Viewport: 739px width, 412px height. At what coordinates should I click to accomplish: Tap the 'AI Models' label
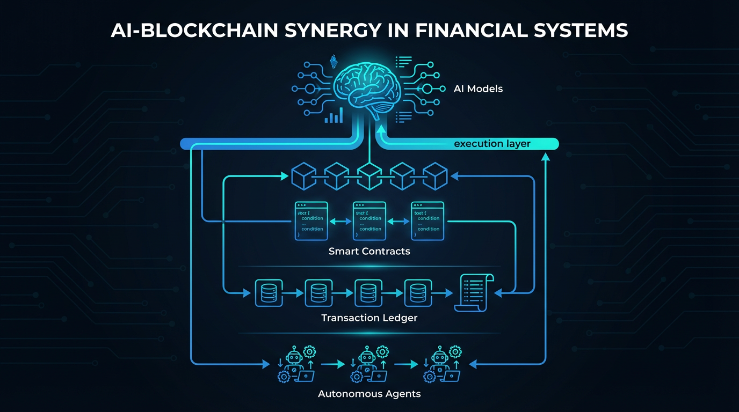pyautogui.click(x=478, y=89)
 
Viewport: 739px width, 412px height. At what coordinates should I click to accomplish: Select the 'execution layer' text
pyautogui.click(x=492, y=144)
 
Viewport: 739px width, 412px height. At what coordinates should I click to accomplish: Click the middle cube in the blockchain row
pyautogui.click(x=369, y=176)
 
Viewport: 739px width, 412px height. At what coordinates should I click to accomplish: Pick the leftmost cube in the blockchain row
pyautogui.click(x=303, y=176)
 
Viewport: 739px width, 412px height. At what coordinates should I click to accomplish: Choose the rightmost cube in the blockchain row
pyautogui.click(x=435, y=176)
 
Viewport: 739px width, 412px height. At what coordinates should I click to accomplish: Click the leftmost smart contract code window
pyautogui.click(x=311, y=220)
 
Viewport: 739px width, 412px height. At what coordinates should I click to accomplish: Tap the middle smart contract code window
pyautogui.click(x=369, y=220)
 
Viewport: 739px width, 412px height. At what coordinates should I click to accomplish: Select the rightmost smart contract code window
pyautogui.click(x=428, y=220)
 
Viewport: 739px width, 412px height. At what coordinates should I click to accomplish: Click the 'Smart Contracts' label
pyautogui.click(x=369, y=251)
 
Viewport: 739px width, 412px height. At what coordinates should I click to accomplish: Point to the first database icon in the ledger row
pyautogui.click(x=269, y=293)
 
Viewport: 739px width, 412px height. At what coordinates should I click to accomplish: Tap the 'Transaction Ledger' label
pyautogui.click(x=369, y=318)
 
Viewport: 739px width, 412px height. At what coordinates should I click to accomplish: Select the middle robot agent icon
pyautogui.click(x=368, y=364)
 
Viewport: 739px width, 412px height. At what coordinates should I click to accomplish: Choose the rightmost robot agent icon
pyautogui.click(x=441, y=364)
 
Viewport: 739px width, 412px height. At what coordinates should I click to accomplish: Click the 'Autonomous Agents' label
pyautogui.click(x=369, y=394)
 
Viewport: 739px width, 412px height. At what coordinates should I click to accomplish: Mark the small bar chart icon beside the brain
pyautogui.click(x=334, y=115)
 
